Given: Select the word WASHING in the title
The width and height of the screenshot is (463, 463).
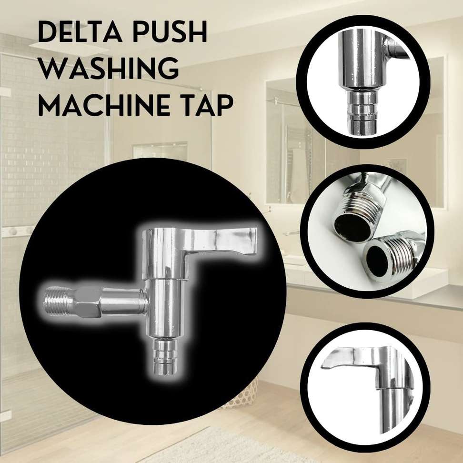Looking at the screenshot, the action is coord(109,69).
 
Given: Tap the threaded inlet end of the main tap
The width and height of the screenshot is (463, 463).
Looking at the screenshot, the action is coord(59,301).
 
